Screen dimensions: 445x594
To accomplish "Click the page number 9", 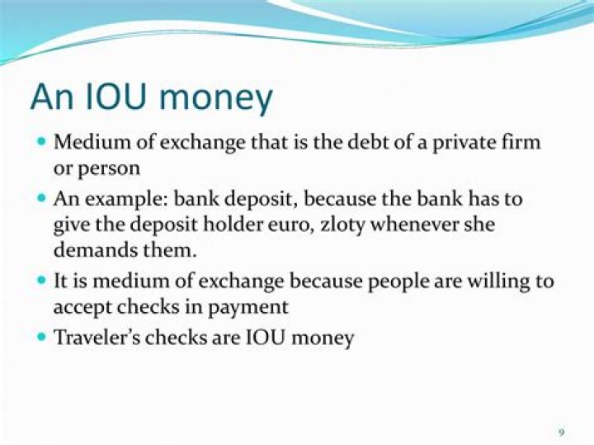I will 562,432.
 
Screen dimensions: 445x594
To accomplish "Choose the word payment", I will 252,306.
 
